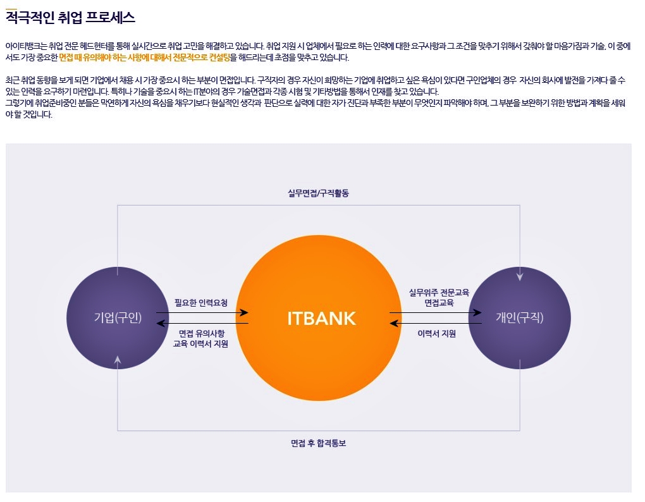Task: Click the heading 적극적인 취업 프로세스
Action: coord(70,18)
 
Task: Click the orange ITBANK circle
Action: coord(319,318)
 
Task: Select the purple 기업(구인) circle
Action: coord(118,318)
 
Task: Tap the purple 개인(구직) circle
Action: coord(520,318)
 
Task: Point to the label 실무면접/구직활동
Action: coord(318,193)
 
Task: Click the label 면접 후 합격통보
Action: coord(318,443)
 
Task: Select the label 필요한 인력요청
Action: coord(200,303)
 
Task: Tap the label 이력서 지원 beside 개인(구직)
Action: coord(436,333)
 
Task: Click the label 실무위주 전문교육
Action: coord(439,292)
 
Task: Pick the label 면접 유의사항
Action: coord(202,333)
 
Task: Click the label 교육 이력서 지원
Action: coord(200,344)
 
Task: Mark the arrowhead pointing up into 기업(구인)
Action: coord(118,360)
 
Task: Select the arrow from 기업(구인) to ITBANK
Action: coord(202,313)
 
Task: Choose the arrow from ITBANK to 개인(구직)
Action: coord(435,313)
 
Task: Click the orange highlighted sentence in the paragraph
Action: coord(144,58)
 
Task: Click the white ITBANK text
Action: coord(321,319)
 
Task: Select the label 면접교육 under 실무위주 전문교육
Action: coord(439,303)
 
